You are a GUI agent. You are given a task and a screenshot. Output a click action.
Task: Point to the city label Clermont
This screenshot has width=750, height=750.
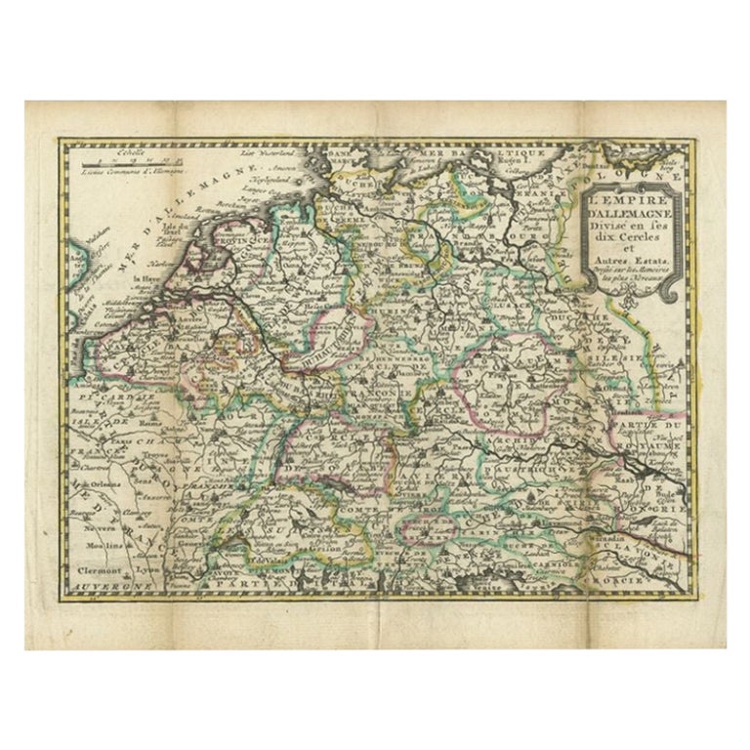(104, 568)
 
